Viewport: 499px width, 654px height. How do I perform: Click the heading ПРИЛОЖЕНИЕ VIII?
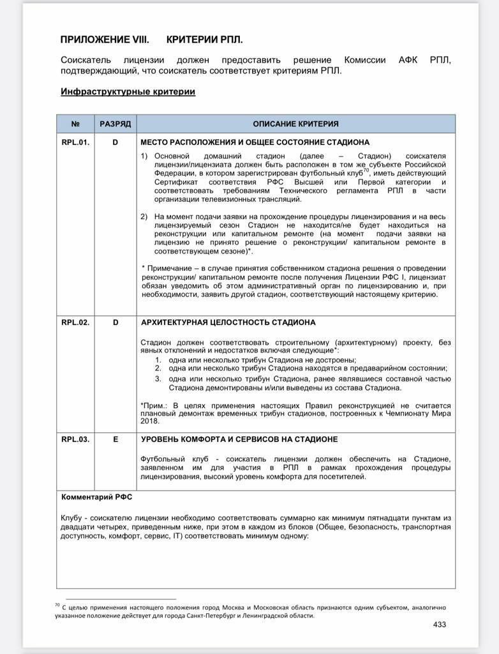pyautogui.click(x=105, y=39)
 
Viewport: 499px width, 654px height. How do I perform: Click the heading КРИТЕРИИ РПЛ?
pyautogui.click(x=204, y=39)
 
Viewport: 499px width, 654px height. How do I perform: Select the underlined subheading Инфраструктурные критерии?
pyautogui.click(x=128, y=91)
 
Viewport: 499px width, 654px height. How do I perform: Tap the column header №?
pyautogui.click(x=75, y=124)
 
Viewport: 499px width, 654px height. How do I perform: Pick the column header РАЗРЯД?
pyautogui.click(x=115, y=124)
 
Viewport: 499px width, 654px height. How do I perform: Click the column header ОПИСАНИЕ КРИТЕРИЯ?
pyautogui.click(x=295, y=124)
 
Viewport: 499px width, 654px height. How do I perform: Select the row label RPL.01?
pyautogui.click(x=75, y=142)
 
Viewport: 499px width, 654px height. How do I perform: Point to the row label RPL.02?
pyautogui.click(x=75, y=323)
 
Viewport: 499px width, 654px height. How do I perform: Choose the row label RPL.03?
pyautogui.click(x=75, y=439)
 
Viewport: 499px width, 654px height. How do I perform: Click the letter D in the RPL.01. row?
pyautogui.click(x=115, y=142)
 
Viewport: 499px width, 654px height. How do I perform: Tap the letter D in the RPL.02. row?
pyautogui.click(x=115, y=323)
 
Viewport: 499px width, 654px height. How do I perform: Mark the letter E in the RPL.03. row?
pyautogui.click(x=115, y=439)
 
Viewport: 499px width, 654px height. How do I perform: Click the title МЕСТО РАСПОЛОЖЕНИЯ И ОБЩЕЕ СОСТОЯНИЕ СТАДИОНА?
pyautogui.click(x=255, y=142)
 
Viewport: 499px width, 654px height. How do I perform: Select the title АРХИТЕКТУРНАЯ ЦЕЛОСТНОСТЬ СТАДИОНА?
pyautogui.click(x=228, y=323)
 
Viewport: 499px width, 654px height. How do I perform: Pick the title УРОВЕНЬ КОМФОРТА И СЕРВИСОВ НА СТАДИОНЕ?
pyautogui.click(x=239, y=439)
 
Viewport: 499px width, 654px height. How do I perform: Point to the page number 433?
pyautogui.click(x=440, y=624)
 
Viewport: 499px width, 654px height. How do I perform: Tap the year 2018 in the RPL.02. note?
pyautogui.click(x=150, y=422)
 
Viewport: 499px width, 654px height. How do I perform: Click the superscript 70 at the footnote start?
pyautogui.click(x=57, y=604)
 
